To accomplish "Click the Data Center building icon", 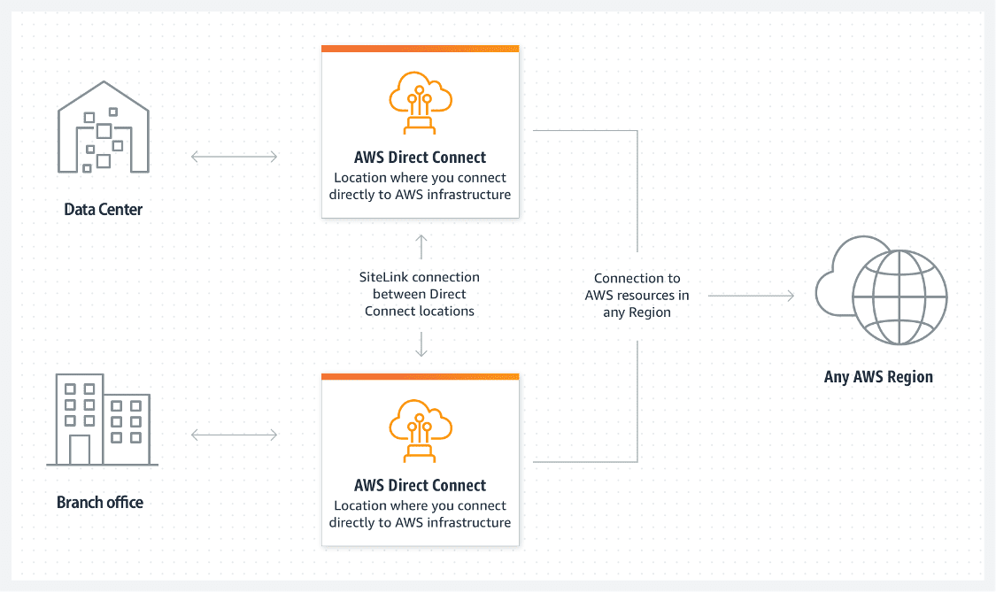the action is coord(104,127).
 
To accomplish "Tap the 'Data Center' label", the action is coord(104,210).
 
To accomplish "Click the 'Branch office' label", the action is coord(100,502).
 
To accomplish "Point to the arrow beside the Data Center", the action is coord(235,156).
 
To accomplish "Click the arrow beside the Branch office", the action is coord(235,435).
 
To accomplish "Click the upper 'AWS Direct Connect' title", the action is coord(420,158).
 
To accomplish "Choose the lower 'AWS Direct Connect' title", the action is coord(420,486).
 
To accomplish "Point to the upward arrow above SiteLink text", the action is coord(421,247).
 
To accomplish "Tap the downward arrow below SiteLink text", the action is coord(421,344).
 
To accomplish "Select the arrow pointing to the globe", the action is coord(752,296).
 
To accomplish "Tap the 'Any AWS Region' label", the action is coord(878,377).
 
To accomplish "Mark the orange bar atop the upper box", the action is coord(421,49).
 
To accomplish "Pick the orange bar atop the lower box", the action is coord(421,377).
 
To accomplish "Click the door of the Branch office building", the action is coord(80,451).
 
